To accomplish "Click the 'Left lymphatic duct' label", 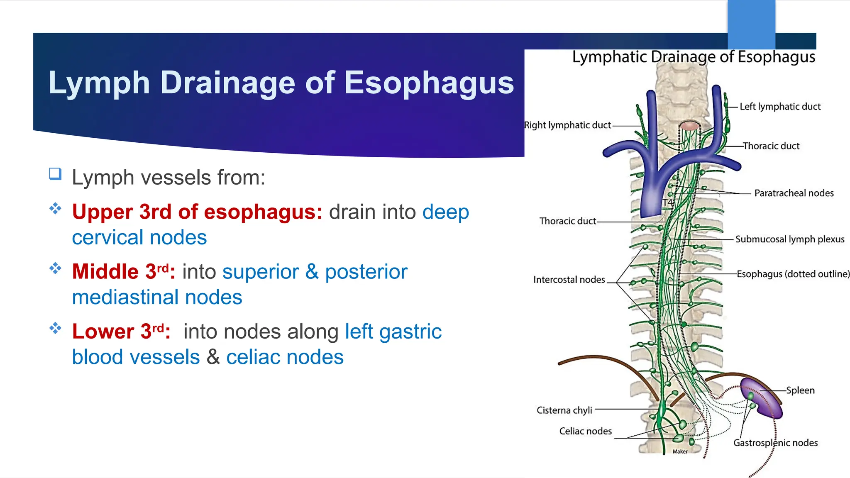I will (x=780, y=107).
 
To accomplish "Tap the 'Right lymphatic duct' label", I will (x=567, y=125).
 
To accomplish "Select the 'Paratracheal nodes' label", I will (x=794, y=193).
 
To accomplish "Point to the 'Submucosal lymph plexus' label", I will (x=790, y=239).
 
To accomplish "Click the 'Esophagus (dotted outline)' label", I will (x=793, y=274).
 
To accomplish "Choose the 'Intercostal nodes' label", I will (x=569, y=280).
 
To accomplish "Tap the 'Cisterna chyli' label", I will (x=564, y=410).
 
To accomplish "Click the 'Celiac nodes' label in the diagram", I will (x=585, y=431).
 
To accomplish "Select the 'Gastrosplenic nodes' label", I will (x=775, y=443).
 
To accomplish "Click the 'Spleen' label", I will (x=800, y=390).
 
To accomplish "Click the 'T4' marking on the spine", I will (x=667, y=202).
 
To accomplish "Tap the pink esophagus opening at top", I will (x=689, y=126).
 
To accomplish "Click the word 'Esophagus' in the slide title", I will (x=429, y=83).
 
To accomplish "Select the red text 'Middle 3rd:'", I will (x=123, y=272).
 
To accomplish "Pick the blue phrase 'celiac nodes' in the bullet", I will (x=285, y=357).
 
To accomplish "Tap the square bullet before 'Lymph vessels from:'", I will (x=55, y=173).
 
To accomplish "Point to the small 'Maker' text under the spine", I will (x=680, y=451).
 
